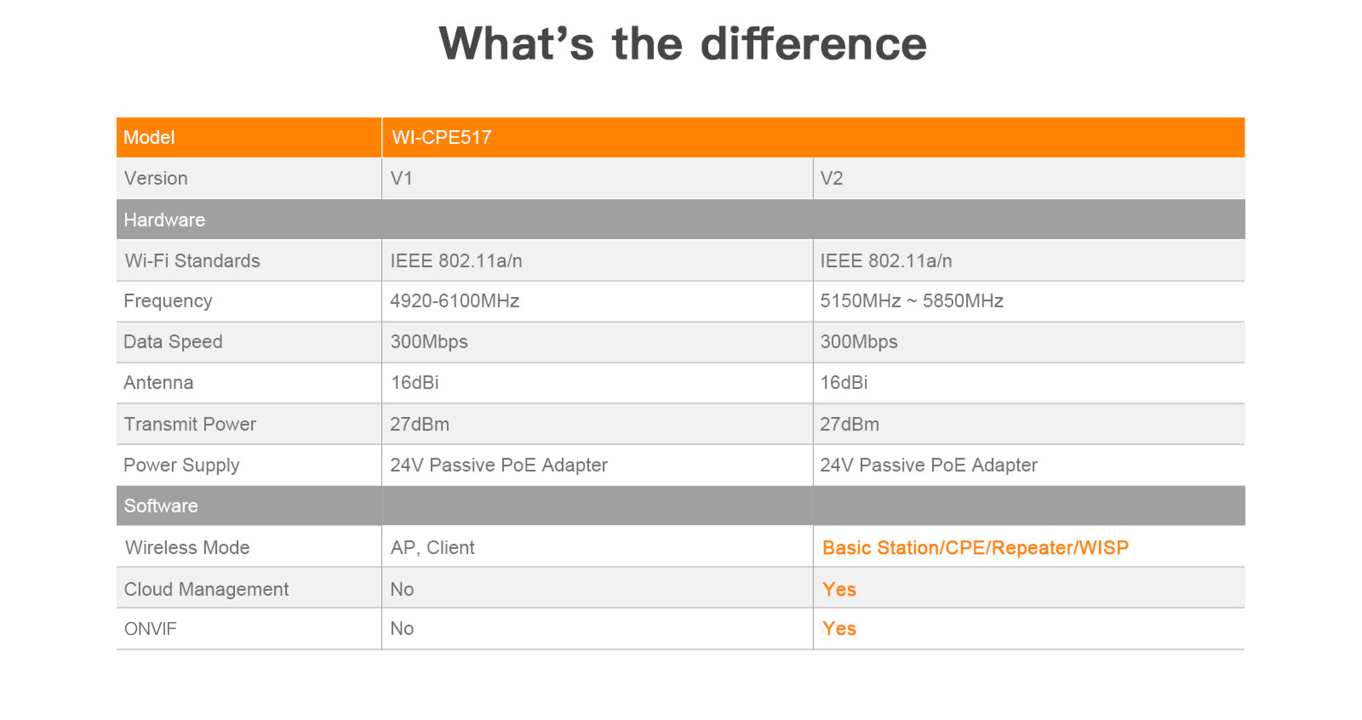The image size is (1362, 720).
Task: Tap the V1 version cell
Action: click(401, 178)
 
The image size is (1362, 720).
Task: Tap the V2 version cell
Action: click(831, 178)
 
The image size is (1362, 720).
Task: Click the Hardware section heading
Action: click(164, 220)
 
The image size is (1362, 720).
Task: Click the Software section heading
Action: click(161, 506)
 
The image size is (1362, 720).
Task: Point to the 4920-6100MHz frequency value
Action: click(455, 301)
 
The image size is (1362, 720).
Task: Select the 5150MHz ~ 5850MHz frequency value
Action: click(912, 301)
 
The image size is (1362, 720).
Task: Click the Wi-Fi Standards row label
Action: click(192, 260)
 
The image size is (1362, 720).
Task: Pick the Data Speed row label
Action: click(173, 342)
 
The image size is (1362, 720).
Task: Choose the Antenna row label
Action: click(159, 382)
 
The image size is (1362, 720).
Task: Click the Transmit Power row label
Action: click(190, 424)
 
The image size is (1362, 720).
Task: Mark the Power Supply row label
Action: click(181, 465)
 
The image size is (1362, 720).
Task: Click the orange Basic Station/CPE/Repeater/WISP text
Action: click(976, 548)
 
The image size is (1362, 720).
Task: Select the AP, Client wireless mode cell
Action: click(432, 548)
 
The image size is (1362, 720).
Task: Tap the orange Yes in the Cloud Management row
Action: click(839, 589)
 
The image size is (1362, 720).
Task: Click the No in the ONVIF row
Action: click(402, 629)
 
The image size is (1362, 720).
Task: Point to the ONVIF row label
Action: click(150, 629)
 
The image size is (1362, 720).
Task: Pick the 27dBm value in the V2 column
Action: click(850, 424)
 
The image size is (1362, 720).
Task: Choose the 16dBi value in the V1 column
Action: click(415, 382)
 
